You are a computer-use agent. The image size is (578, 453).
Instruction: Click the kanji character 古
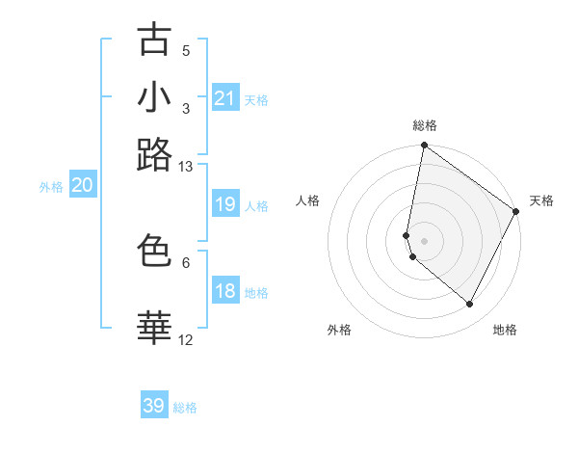(155, 40)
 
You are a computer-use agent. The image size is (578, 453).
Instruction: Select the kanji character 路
(155, 154)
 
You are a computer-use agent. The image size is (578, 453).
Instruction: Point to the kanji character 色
(155, 251)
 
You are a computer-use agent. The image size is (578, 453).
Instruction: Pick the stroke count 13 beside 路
(186, 166)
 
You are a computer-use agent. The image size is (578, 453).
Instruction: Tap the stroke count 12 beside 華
(186, 339)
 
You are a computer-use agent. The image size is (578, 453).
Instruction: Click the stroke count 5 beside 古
(186, 50)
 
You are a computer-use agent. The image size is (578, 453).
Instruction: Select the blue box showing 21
(224, 98)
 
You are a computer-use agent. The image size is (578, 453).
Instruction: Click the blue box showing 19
(224, 204)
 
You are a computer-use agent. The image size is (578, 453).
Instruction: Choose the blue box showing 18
(224, 291)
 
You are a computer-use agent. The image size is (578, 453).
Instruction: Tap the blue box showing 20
(82, 186)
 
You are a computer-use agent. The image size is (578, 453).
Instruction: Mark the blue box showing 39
(154, 406)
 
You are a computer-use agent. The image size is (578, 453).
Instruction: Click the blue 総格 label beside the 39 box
(185, 408)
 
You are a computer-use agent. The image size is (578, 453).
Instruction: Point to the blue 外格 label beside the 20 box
(51, 188)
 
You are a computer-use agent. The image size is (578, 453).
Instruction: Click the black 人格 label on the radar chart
(308, 200)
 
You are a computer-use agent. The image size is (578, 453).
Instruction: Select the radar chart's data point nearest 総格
(424, 147)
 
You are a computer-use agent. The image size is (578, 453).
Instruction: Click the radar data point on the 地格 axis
(469, 304)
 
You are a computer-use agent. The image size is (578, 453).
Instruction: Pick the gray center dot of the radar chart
(424, 240)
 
